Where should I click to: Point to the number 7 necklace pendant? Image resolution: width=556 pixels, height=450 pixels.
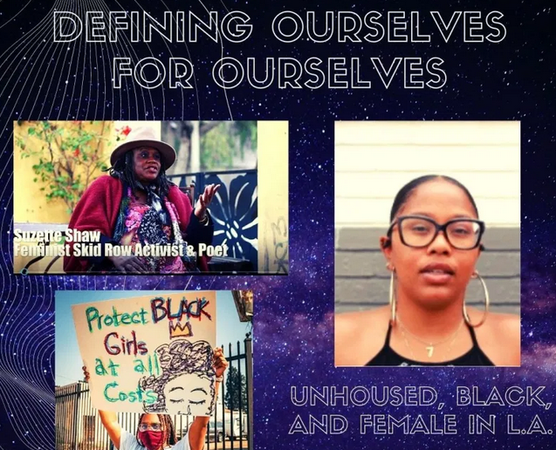(429, 350)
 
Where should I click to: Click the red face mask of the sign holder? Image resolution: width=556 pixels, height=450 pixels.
(150, 433)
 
